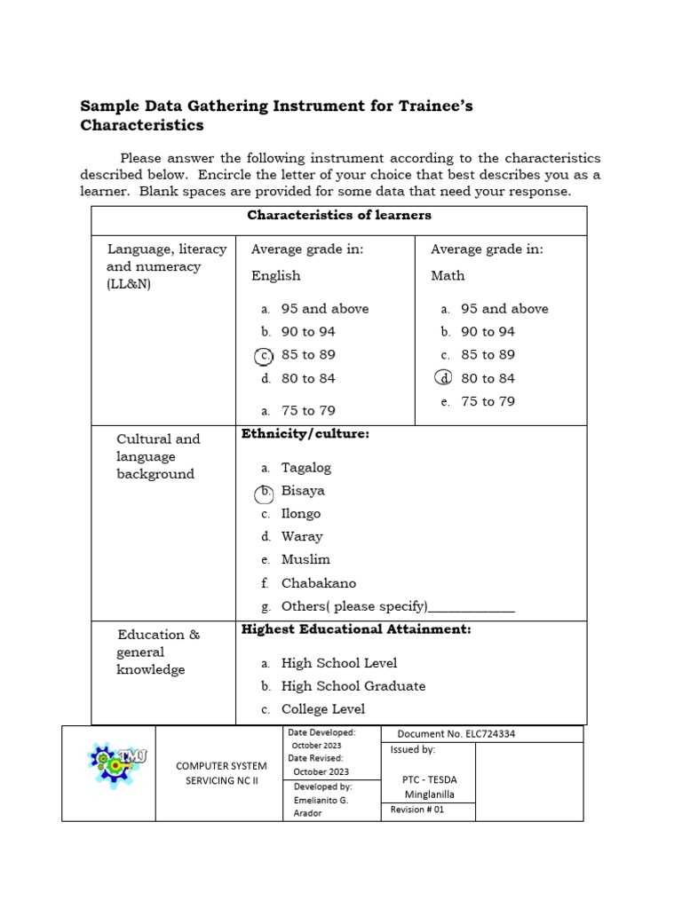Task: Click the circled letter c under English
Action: point(263,355)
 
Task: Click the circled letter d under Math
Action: point(443,378)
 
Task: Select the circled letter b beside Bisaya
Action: point(263,494)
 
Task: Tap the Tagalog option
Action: point(305,468)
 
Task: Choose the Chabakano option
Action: point(318,583)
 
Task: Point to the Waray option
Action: point(302,537)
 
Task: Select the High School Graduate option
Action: point(353,686)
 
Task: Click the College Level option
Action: point(322,709)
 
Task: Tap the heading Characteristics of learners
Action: point(338,216)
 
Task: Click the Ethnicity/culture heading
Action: point(305,433)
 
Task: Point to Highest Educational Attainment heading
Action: point(356,629)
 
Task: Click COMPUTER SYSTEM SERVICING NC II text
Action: point(221,772)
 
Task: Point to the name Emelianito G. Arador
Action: point(321,806)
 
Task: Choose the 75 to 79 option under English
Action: point(308,411)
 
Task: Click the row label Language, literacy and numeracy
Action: point(166,266)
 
